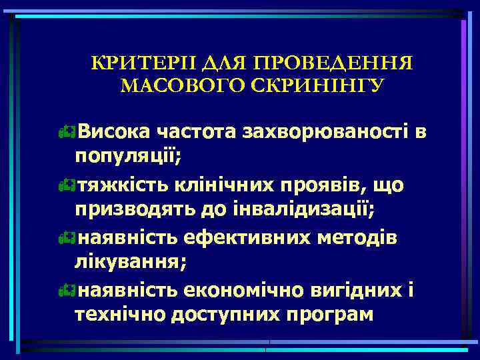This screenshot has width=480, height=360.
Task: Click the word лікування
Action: click(129, 261)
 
